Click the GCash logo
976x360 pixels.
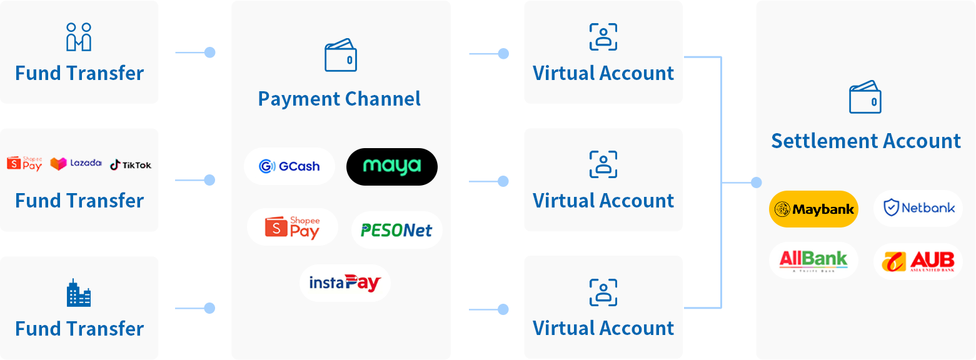click(289, 166)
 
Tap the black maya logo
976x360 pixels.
click(392, 166)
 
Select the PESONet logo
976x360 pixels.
click(396, 230)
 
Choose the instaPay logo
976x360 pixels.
click(345, 283)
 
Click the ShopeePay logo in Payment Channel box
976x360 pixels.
click(293, 227)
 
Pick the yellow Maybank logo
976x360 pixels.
click(813, 209)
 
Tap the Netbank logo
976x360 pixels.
click(918, 208)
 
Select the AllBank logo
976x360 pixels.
click(813, 261)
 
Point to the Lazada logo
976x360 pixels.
click(76, 164)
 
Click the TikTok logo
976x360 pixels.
click(131, 165)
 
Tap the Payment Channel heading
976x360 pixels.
click(340, 99)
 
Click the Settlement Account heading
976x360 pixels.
click(866, 141)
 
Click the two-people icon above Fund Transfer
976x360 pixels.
click(79, 37)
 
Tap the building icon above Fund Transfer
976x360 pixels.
click(79, 293)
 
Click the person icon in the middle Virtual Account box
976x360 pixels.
click(603, 164)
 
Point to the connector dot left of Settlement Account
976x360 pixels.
click(757, 182)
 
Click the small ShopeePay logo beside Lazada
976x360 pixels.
click(25, 164)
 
